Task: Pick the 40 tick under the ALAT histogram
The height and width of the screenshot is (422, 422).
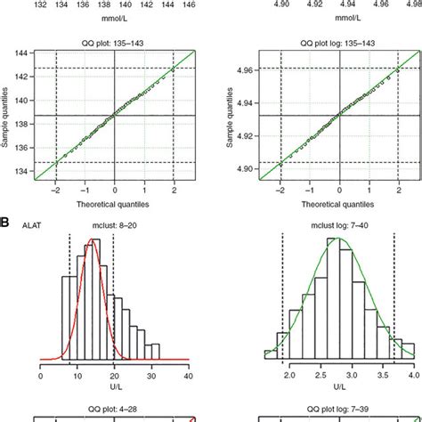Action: point(189,377)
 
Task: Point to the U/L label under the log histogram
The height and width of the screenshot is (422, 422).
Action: point(337,388)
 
